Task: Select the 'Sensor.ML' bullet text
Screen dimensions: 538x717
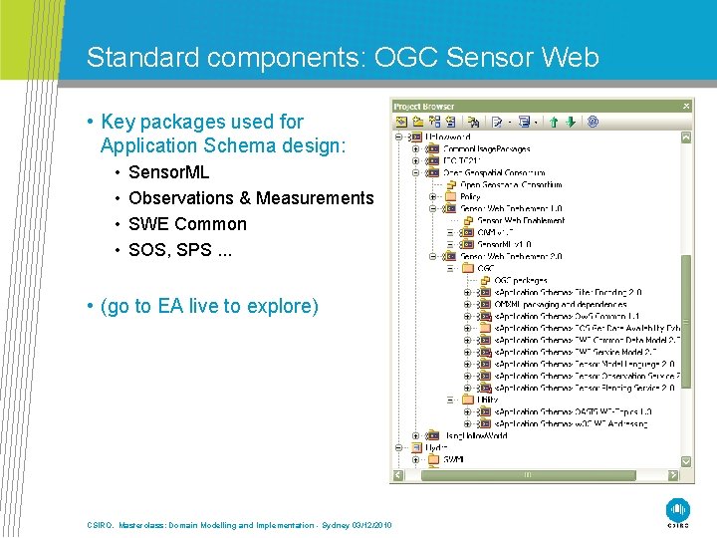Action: click(x=168, y=172)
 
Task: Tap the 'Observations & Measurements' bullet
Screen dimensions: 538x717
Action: click(x=251, y=198)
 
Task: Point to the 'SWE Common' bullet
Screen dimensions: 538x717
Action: click(x=187, y=224)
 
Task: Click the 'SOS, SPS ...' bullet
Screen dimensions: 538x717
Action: click(x=179, y=250)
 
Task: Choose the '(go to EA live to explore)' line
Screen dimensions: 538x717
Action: click(x=209, y=306)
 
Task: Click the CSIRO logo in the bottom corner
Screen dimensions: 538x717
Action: click(x=677, y=507)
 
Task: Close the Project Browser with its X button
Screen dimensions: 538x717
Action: click(x=686, y=106)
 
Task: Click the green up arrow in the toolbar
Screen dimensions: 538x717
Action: click(x=555, y=122)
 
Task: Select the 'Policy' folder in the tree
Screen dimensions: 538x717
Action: click(x=470, y=196)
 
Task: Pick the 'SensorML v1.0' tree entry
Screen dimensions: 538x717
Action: click(x=504, y=244)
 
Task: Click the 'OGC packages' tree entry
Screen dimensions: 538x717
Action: click(x=520, y=280)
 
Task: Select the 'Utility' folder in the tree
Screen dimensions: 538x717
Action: click(x=487, y=400)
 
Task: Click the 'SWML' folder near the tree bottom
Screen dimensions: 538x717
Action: click(x=453, y=459)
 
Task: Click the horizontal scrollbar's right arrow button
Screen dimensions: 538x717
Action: click(x=674, y=476)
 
